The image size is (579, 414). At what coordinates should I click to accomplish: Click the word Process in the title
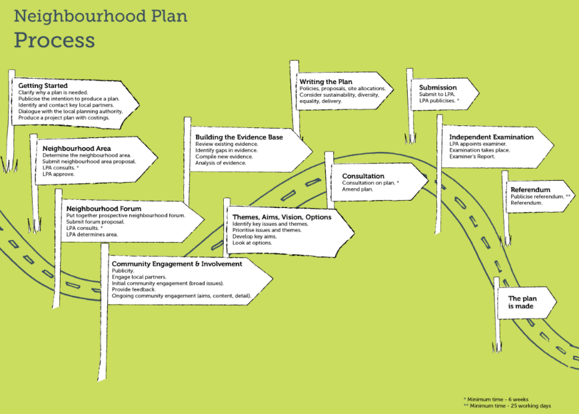click(x=54, y=40)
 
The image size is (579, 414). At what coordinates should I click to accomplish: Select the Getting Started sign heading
click(x=43, y=86)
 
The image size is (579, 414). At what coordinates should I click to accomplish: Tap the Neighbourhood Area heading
click(x=77, y=149)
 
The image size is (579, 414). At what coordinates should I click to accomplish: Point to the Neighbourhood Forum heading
click(x=104, y=209)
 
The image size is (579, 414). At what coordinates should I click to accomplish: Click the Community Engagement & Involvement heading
click(x=177, y=264)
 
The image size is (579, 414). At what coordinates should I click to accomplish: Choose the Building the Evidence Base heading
click(x=239, y=137)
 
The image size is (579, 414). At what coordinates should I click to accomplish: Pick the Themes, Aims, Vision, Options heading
click(x=282, y=217)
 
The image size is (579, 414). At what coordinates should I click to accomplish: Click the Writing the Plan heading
click(x=326, y=81)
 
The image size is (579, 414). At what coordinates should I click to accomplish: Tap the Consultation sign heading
click(x=363, y=176)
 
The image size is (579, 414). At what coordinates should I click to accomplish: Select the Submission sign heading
click(x=438, y=87)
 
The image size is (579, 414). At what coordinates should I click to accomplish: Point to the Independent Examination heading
click(x=491, y=137)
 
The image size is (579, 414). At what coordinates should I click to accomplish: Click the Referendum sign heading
click(x=530, y=190)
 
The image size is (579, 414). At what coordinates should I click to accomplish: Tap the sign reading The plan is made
click(x=522, y=302)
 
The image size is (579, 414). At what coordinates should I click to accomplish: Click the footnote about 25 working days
click(x=507, y=406)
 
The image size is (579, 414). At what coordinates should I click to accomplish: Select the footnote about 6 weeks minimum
click(x=496, y=399)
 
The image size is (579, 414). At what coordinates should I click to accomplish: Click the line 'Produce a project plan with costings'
click(x=64, y=118)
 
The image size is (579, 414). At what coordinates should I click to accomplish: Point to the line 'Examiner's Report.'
click(x=472, y=157)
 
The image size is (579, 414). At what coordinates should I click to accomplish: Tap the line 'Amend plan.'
click(x=357, y=189)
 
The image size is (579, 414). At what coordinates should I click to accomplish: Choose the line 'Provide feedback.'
click(x=134, y=289)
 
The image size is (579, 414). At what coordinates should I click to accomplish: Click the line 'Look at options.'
click(x=253, y=243)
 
